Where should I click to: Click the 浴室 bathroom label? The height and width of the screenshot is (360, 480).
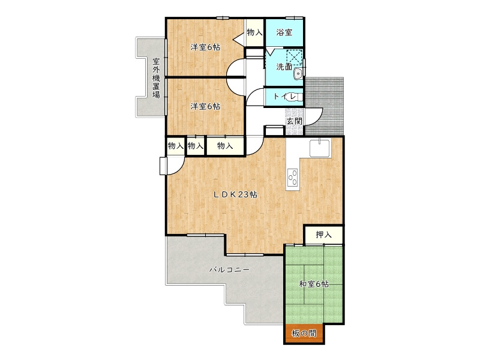284,32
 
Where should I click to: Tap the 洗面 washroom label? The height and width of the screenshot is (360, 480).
284,67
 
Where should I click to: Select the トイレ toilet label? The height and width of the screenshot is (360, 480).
284,97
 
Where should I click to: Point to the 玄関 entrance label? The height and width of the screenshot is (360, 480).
294,121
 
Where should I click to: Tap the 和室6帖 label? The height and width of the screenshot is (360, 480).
314,284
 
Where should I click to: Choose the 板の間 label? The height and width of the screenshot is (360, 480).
304,333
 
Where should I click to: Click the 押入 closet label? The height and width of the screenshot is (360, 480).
323,235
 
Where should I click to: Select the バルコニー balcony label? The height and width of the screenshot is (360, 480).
229,270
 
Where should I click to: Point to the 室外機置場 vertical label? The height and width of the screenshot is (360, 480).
156,78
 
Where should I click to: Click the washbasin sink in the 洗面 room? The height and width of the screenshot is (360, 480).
298,74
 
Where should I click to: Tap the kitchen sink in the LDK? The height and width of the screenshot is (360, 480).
320,148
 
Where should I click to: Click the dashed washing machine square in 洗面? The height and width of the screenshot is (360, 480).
294,58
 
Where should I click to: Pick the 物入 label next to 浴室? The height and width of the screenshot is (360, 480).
254,32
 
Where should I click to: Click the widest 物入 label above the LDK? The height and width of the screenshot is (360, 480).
225,146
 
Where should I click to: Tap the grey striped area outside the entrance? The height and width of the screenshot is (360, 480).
325,106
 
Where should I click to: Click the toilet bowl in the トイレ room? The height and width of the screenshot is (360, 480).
297,97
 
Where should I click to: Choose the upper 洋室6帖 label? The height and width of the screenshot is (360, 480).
205,47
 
